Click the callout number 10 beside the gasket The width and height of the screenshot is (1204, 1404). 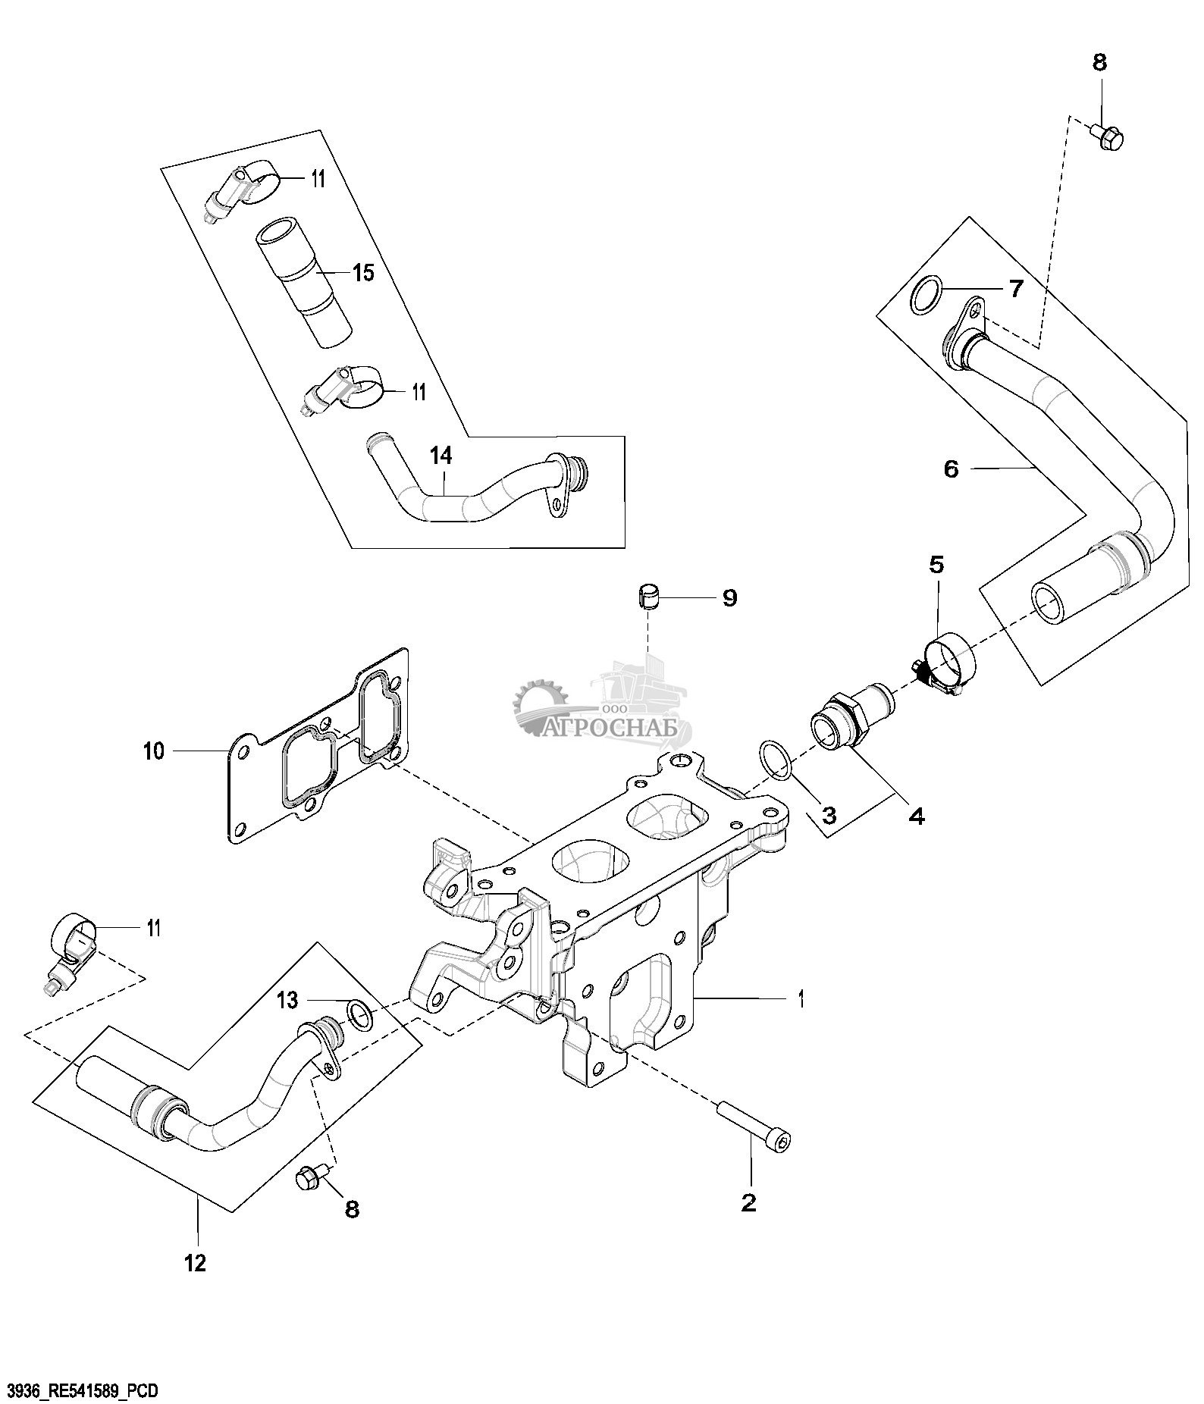pyautogui.click(x=153, y=751)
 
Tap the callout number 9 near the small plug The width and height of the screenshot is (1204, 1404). pyautogui.click(x=729, y=598)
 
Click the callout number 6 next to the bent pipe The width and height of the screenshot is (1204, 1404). pyautogui.click(x=951, y=469)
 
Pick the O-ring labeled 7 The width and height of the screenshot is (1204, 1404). pyautogui.click(x=927, y=296)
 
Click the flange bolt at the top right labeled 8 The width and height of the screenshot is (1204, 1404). pyautogui.click(x=1108, y=136)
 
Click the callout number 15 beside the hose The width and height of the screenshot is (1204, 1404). pyautogui.click(x=364, y=272)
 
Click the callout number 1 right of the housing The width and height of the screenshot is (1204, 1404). pyautogui.click(x=801, y=999)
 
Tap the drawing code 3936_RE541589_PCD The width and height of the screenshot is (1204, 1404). pyautogui.click(x=81, y=1390)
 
